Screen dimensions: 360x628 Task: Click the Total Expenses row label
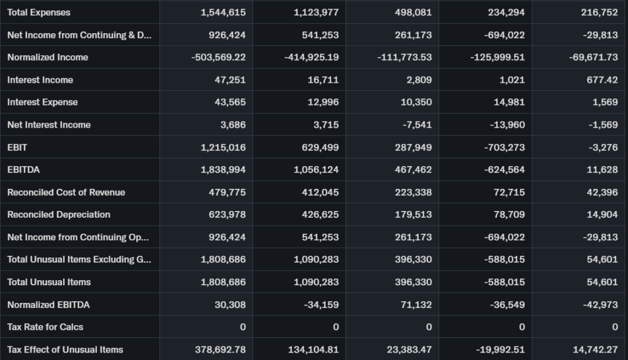click(x=39, y=12)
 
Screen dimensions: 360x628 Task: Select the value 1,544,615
click(x=223, y=12)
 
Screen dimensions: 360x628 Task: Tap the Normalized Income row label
click(x=48, y=57)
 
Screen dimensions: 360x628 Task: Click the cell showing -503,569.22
click(x=218, y=57)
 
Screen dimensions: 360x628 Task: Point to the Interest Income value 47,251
click(x=231, y=80)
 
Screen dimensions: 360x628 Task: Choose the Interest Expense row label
click(x=42, y=102)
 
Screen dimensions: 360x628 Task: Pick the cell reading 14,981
click(x=509, y=102)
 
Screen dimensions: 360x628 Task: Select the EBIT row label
click(x=17, y=147)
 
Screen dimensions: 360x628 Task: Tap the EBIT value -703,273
click(x=505, y=147)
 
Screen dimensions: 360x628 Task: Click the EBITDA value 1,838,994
click(x=223, y=169)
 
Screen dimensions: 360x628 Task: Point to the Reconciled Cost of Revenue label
click(x=66, y=192)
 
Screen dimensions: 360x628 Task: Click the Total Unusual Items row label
click(x=49, y=282)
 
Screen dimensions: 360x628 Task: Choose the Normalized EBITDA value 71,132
click(x=416, y=304)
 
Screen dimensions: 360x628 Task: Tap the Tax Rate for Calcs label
click(x=45, y=327)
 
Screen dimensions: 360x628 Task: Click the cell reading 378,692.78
click(x=220, y=349)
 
